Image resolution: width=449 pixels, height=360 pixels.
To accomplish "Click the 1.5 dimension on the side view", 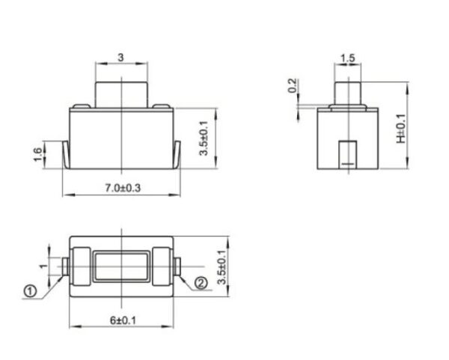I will pyautogui.click(x=346, y=58).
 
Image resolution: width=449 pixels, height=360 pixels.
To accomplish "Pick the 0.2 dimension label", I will pyautogui.click(x=292, y=86).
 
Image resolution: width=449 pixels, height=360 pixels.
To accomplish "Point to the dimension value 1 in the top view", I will pyautogui.click(x=43, y=266).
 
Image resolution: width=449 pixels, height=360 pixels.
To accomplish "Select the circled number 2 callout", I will pyautogui.click(x=201, y=282).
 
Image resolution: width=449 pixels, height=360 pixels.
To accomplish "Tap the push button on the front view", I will pyautogui.click(x=121, y=94).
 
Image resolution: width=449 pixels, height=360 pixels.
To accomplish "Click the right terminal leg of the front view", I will pyautogui.click(x=177, y=154).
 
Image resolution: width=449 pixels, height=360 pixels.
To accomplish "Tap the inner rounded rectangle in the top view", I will pyautogui.click(x=121, y=266).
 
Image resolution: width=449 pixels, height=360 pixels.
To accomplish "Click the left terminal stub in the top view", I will pyautogui.click(x=66, y=266).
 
